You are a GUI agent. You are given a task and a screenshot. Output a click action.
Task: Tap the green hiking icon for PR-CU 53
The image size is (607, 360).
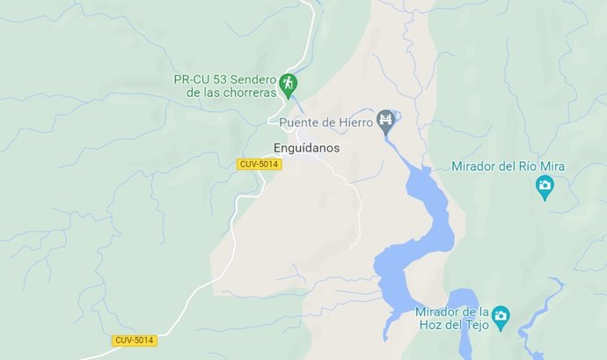click(289, 84)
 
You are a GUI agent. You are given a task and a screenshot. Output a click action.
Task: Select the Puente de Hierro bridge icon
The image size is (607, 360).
click(385, 121)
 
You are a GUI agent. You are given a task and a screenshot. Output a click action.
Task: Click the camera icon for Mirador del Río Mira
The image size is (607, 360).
click(545, 186)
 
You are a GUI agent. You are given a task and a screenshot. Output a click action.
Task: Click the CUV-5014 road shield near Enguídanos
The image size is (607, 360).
click(259, 165)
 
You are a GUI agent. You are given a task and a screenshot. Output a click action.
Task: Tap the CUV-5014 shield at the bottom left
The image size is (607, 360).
click(135, 340)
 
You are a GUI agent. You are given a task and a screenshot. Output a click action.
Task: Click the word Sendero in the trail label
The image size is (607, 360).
click(251, 79)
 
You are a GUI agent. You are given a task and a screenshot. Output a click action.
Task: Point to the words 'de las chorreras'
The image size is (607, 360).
click(232, 93)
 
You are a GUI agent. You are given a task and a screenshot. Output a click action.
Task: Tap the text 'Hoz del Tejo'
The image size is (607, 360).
click(453, 325)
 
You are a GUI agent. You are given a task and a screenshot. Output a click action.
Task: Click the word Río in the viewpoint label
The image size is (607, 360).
click(527, 166)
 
